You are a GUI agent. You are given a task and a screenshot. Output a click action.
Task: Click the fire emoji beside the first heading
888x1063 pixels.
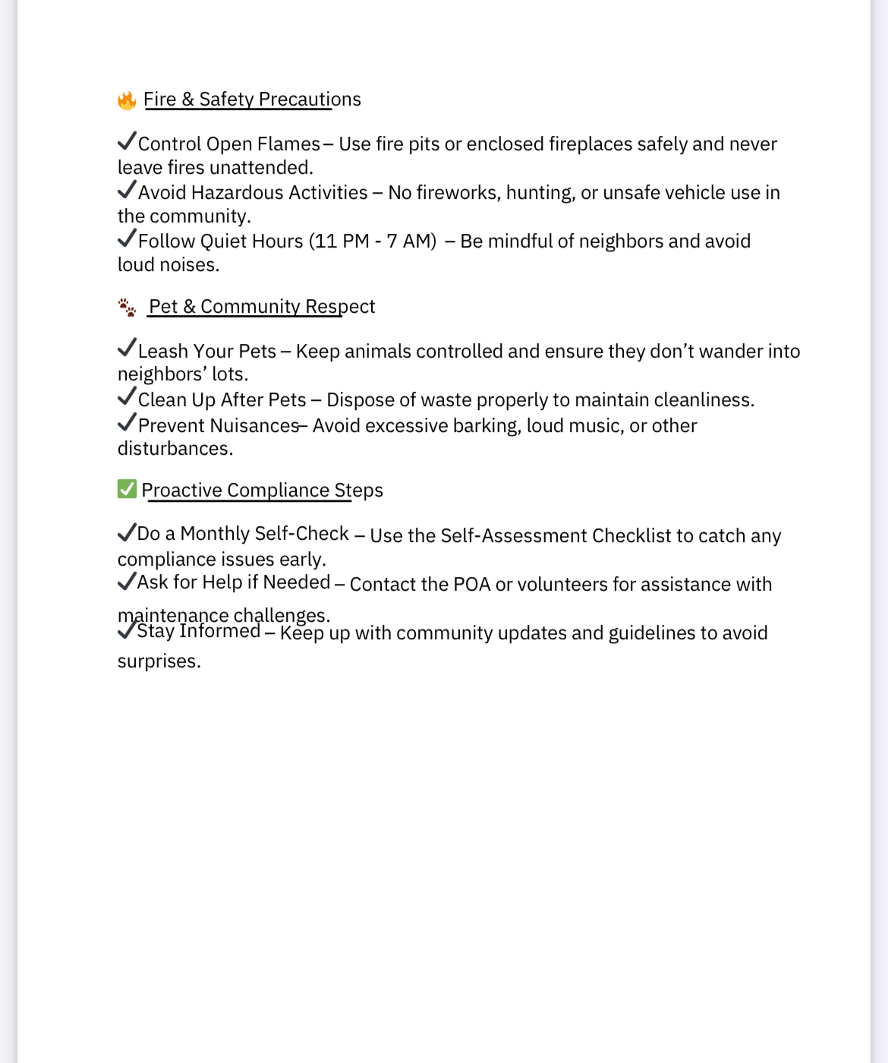(x=127, y=100)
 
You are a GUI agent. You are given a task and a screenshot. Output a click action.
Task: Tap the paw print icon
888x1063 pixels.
(x=127, y=308)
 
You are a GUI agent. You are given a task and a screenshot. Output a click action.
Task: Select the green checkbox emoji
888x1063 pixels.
(x=127, y=489)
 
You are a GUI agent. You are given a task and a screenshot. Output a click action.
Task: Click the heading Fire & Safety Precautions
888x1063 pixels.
(x=252, y=99)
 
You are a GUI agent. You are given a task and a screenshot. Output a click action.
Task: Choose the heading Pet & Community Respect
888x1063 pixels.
(x=262, y=307)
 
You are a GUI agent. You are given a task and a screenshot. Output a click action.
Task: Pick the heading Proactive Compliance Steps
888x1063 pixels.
(x=262, y=490)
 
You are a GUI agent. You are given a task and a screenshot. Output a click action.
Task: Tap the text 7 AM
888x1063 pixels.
(x=409, y=241)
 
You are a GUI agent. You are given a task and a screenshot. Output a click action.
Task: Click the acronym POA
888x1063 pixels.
(x=471, y=585)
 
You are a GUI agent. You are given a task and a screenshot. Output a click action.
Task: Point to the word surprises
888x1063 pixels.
(x=159, y=661)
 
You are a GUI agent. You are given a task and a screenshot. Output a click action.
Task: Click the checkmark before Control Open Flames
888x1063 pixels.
(x=127, y=141)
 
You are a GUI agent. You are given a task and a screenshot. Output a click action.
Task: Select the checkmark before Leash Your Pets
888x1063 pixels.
(x=127, y=349)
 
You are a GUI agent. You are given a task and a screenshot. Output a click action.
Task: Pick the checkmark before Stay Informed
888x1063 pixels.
(x=127, y=630)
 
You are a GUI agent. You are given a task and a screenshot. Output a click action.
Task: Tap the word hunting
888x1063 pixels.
(x=540, y=193)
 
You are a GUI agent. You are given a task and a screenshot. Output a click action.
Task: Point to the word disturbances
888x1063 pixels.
(x=175, y=449)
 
